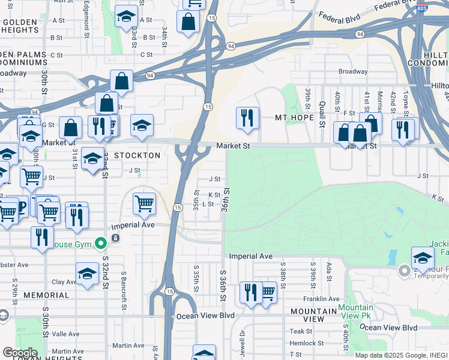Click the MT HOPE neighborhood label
pos(294,117)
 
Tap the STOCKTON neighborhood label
pos(138,155)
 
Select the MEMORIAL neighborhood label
pos(47,295)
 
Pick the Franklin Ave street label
pos(321,299)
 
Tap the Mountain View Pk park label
pos(355,311)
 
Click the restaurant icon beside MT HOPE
pos(247,118)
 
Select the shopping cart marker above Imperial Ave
pos(144,204)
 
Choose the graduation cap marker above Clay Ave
pos(88,273)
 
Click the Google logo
pos(19,353)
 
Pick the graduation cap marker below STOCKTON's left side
pos(92,158)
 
